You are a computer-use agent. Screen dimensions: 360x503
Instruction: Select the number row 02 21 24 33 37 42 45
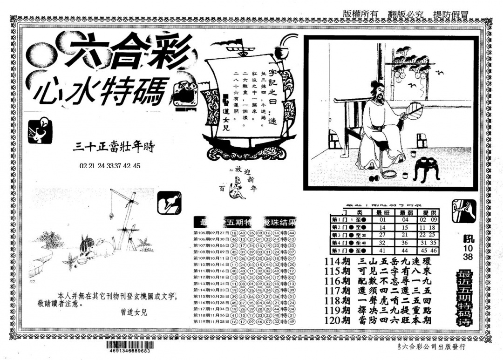110,166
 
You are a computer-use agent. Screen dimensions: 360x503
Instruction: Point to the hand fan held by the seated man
413,112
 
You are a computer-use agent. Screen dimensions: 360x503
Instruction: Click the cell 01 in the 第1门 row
383,220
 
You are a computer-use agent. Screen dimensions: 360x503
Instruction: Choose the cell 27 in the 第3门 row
383,235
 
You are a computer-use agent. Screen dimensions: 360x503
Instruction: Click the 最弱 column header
405,212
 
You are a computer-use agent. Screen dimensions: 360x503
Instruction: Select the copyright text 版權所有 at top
360,14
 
